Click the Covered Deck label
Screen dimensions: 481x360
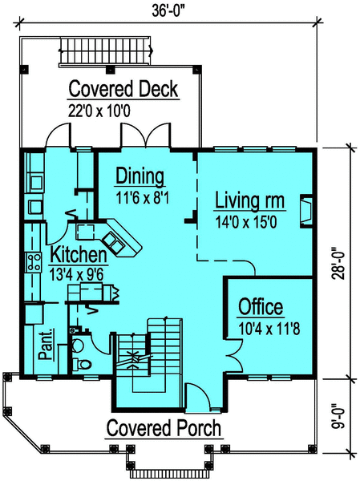click(x=123, y=88)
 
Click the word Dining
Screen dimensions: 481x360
click(x=140, y=176)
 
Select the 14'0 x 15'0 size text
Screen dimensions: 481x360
click(x=245, y=221)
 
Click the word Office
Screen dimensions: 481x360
click(x=261, y=307)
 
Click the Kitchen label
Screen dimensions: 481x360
click(x=79, y=256)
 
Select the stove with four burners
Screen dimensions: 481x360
click(x=34, y=261)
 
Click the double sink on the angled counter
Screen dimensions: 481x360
click(x=112, y=240)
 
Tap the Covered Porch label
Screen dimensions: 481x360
click(x=164, y=427)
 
